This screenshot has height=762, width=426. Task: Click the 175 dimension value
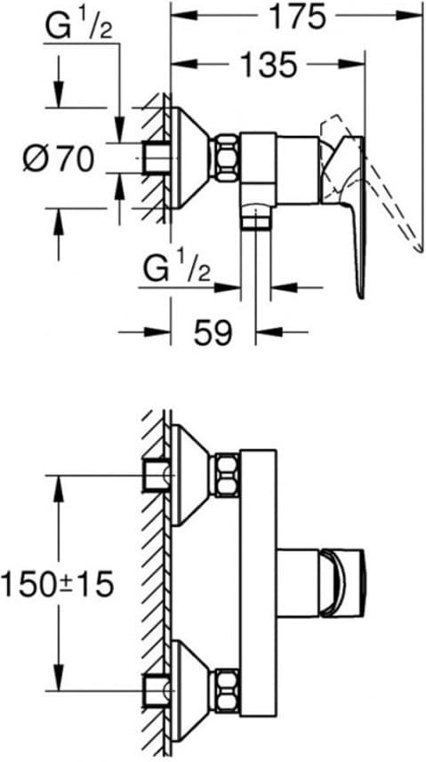pyautogui.click(x=297, y=18)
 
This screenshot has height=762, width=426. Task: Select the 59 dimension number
pyautogui.click(x=213, y=333)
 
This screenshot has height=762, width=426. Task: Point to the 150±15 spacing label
pyautogui.click(x=57, y=583)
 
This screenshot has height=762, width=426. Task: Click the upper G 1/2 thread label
pyautogui.click(x=79, y=28)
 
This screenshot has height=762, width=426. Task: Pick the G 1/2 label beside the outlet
pyautogui.click(x=177, y=269)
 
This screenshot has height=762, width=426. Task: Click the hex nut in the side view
pyautogui.click(x=227, y=158)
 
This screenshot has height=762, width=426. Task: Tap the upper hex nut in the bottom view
pyautogui.click(x=227, y=476)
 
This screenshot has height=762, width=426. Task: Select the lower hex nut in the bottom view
pyautogui.click(x=227, y=691)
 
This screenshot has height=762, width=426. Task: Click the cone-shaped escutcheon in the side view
pyautogui.click(x=191, y=157)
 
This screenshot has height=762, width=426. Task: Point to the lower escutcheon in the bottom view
pyautogui.click(x=191, y=691)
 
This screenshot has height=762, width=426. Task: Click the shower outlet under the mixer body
pyautogui.click(x=256, y=216)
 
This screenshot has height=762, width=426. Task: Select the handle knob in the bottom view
pyautogui.click(x=342, y=583)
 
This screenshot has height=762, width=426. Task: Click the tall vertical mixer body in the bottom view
pyautogui.click(x=258, y=583)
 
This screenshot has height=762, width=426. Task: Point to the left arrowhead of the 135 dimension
pyautogui.click(x=184, y=64)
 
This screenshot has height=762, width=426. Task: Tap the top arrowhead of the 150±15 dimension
pyautogui.click(x=59, y=488)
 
